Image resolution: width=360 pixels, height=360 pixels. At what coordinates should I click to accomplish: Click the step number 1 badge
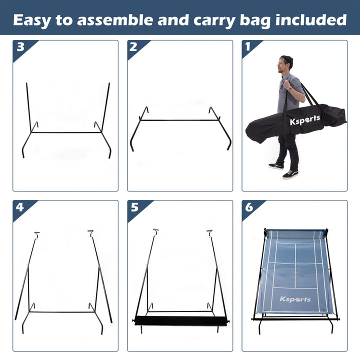(247, 46)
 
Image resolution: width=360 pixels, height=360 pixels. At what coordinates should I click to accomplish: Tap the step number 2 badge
(133, 47)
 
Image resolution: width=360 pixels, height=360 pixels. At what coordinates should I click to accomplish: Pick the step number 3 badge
(20, 47)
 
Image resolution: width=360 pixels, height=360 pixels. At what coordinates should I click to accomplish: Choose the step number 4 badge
(20, 206)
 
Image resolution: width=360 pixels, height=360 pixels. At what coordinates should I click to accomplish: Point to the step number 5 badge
(134, 206)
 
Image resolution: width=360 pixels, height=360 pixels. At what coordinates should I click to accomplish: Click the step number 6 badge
(248, 206)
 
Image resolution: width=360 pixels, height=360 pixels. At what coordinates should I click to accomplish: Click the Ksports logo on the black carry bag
(305, 120)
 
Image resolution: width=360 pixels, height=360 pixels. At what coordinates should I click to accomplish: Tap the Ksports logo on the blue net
(295, 299)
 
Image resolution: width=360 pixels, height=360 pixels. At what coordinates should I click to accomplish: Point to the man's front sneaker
(290, 174)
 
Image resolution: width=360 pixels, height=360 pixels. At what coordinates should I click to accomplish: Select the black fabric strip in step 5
(180, 320)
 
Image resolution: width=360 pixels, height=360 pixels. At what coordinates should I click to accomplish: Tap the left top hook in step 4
(36, 234)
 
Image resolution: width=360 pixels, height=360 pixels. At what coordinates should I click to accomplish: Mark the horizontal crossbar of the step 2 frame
(180, 120)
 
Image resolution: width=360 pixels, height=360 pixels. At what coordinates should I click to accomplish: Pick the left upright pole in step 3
(28, 107)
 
